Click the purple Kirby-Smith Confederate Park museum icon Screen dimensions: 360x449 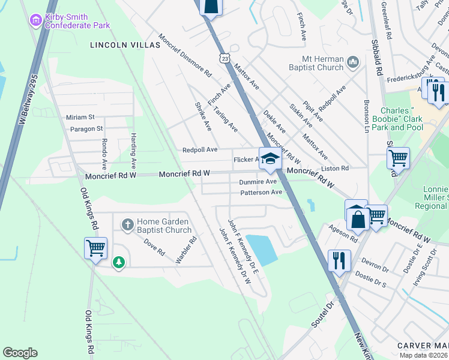(36, 20)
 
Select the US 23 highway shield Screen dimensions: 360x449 (224, 58)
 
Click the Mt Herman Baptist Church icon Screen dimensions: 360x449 (352, 62)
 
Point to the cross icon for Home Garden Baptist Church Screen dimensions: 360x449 (127, 225)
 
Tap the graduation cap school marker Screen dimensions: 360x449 (270, 159)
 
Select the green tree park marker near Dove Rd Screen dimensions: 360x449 (119, 262)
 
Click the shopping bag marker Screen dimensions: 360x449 (358, 215)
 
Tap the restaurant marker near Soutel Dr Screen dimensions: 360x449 (339, 260)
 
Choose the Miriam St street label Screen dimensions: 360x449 (80, 117)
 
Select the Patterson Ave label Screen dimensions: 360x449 (261, 193)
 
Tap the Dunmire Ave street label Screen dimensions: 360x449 (258, 181)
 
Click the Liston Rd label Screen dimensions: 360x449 (335, 169)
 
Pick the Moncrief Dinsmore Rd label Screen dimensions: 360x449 (185, 56)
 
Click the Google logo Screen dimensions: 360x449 (20, 353)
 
